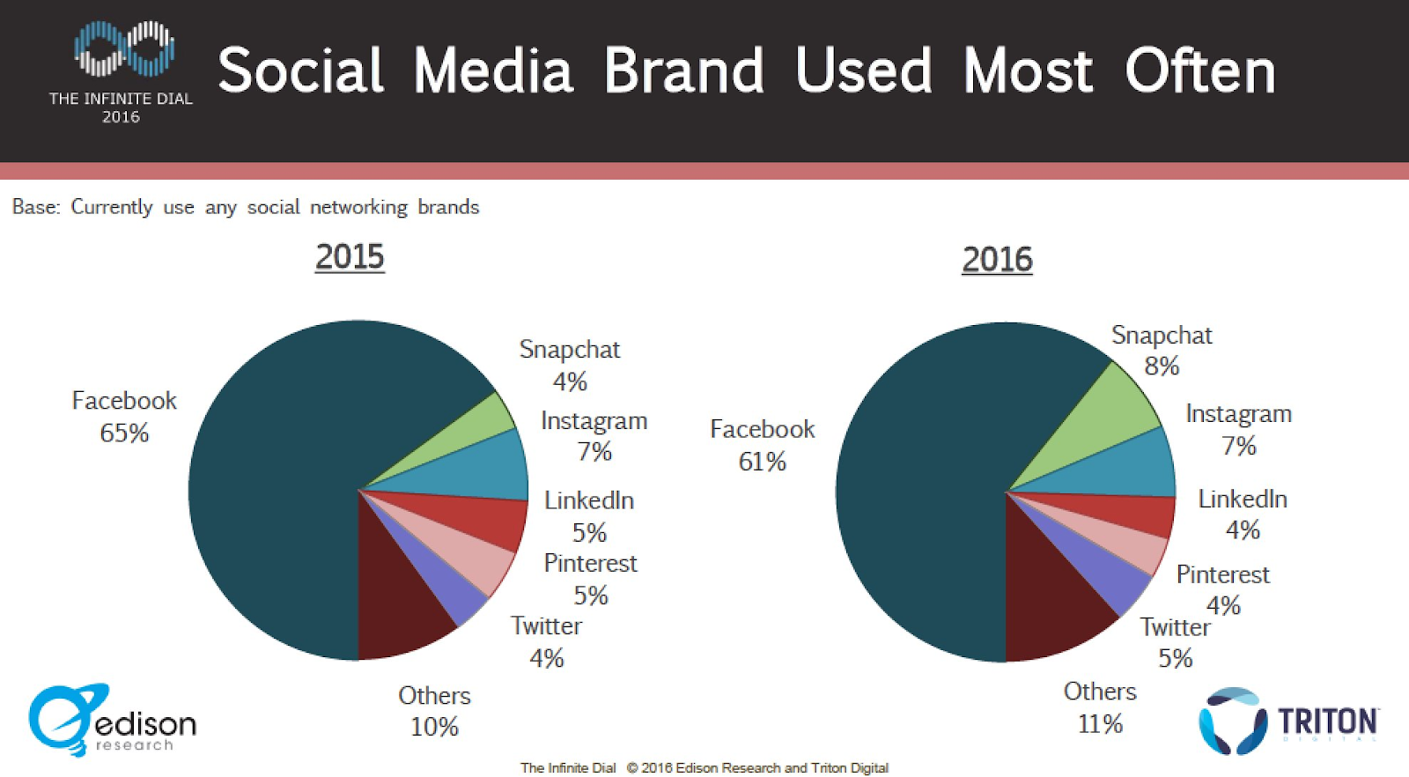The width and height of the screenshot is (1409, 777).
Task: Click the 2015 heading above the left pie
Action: pos(350,257)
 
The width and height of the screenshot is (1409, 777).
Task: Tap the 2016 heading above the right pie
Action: pos(997,260)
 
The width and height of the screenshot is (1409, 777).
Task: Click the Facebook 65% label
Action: pos(124,417)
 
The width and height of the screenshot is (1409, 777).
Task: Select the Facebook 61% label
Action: pos(763,445)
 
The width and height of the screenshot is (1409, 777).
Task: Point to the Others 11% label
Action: pos(1100,707)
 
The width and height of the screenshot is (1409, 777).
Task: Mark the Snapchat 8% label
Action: pos(1162,351)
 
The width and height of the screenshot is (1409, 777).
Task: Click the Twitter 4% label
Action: pos(546,641)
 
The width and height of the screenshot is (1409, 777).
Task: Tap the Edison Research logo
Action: pos(112,721)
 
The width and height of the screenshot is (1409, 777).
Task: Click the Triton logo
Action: pos(1288,721)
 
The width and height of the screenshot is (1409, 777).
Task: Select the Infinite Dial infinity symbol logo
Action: pos(123,49)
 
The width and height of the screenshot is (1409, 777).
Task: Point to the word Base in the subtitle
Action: pos(35,207)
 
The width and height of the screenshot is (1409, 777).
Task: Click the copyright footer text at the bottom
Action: pos(704,767)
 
